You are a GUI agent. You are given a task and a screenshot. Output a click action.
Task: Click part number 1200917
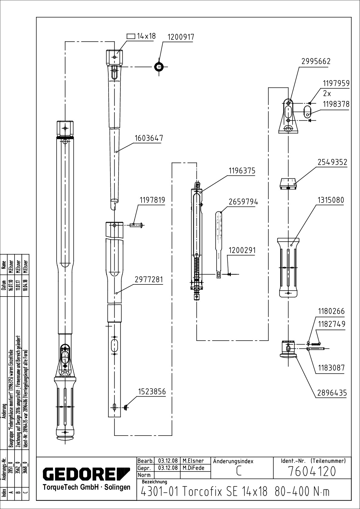pyautogui.click(x=181, y=37)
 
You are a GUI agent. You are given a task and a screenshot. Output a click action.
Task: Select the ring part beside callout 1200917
pyautogui.click(x=159, y=67)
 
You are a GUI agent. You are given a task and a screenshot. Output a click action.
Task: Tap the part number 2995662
pyautogui.click(x=316, y=61)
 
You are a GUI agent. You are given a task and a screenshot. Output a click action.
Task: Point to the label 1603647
pyautogui.click(x=149, y=138)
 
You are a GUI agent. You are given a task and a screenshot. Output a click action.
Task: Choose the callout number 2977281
pyautogui.click(x=149, y=280)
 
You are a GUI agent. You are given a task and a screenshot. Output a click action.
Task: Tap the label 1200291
pyautogui.click(x=242, y=251)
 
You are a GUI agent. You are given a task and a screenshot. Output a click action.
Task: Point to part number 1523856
pyautogui.click(x=152, y=392)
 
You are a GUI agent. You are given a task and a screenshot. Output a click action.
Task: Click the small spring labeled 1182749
pyautogui.click(x=316, y=343)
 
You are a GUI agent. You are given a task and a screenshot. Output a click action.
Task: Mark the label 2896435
pyautogui.click(x=332, y=393)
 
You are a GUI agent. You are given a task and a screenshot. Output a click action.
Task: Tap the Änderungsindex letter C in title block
pyautogui.click(x=239, y=472)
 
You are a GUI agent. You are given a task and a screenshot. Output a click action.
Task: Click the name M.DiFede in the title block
pyautogui.click(x=193, y=468)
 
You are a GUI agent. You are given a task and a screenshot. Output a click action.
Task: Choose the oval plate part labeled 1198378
pyautogui.click(x=307, y=112)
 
